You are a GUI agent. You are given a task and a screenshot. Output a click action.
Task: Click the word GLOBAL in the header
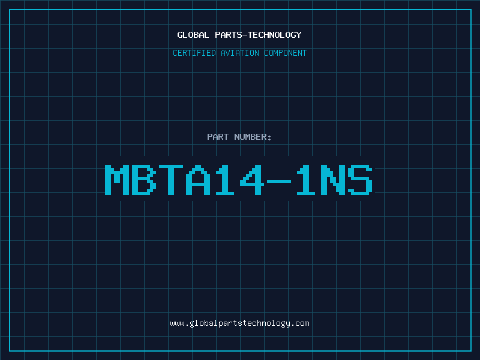[193, 35]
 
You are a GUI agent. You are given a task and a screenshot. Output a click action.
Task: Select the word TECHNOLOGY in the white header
[275, 35]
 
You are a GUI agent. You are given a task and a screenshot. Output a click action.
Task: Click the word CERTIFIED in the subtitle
[194, 53]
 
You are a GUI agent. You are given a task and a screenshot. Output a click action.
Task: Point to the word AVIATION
[240, 53]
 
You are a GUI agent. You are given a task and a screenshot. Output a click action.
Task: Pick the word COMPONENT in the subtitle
[286, 53]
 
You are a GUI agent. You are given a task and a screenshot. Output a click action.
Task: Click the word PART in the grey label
[218, 137]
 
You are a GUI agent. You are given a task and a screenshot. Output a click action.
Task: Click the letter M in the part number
[117, 179]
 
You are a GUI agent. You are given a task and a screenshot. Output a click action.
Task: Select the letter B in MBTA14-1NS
[144, 179]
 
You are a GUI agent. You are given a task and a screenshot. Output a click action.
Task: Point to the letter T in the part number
[171, 179]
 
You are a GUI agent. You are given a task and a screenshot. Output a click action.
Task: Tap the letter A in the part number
[198, 179]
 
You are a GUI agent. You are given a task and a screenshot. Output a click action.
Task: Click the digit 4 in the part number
[252, 179]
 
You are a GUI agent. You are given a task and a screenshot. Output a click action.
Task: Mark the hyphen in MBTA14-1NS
[279, 182]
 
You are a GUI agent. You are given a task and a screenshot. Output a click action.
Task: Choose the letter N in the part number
[333, 179]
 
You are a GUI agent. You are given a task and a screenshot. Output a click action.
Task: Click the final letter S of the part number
[360, 179]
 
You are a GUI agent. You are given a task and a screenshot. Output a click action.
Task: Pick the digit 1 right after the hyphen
[306, 179]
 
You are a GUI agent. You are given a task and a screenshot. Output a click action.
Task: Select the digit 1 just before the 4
[225, 179]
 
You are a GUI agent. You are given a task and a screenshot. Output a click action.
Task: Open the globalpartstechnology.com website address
[239, 323]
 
